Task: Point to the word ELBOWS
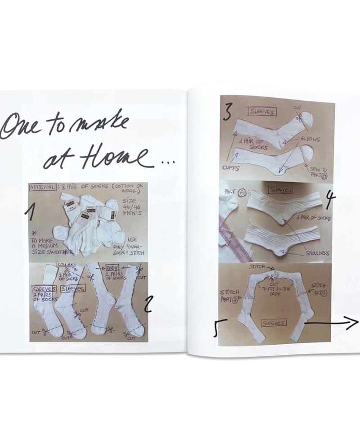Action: pos(310,139)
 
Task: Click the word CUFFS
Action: pos(231,167)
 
